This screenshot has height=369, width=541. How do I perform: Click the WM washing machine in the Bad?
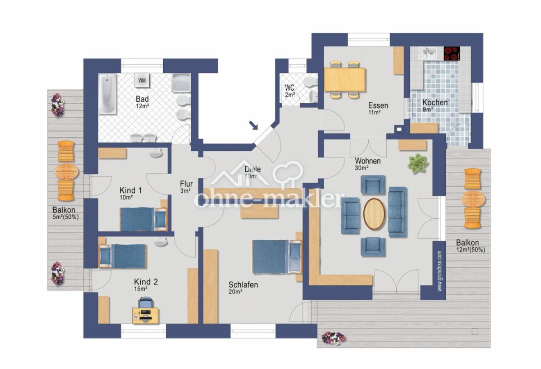[142, 80]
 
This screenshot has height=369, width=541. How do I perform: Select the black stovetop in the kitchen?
[452, 53]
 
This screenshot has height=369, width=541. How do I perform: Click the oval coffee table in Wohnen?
[374, 214]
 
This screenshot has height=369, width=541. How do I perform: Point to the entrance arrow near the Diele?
[253, 125]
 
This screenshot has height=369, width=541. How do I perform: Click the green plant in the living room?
[418, 164]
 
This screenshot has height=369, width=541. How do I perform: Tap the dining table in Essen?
[345, 80]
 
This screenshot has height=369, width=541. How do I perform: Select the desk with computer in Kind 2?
[146, 316]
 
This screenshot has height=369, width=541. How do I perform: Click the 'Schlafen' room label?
[243, 285]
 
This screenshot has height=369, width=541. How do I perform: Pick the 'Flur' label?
[186, 184]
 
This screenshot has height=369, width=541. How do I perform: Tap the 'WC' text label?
[290, 87]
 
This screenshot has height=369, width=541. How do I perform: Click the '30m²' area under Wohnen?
[361, 168]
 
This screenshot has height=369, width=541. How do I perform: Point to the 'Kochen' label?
[435, 102]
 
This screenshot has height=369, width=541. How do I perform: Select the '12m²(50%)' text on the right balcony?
[470, 250]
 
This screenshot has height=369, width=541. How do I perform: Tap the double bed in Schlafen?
[277, 257]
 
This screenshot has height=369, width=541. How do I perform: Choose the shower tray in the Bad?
[181, 82]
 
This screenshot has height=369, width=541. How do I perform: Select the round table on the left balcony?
[67, 172]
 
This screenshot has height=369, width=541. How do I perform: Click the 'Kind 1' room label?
[131, 190]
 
